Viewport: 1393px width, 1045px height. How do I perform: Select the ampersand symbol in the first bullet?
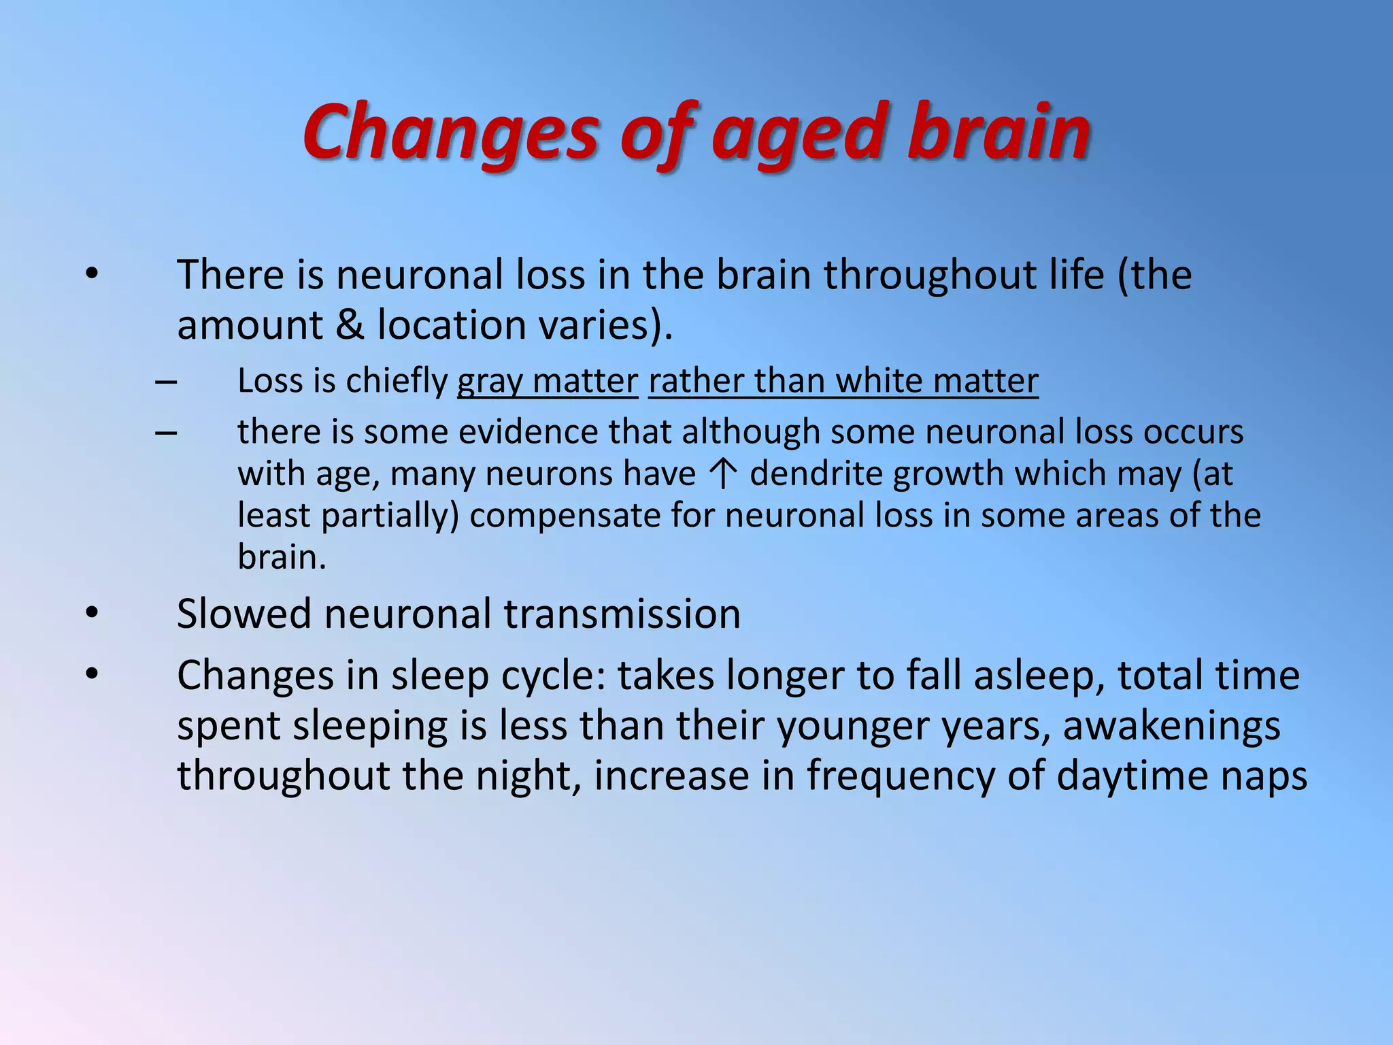coord(350,325)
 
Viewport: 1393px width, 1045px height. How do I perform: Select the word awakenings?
coord(1171,726)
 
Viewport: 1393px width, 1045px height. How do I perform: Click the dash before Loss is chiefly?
coord(166,382)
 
